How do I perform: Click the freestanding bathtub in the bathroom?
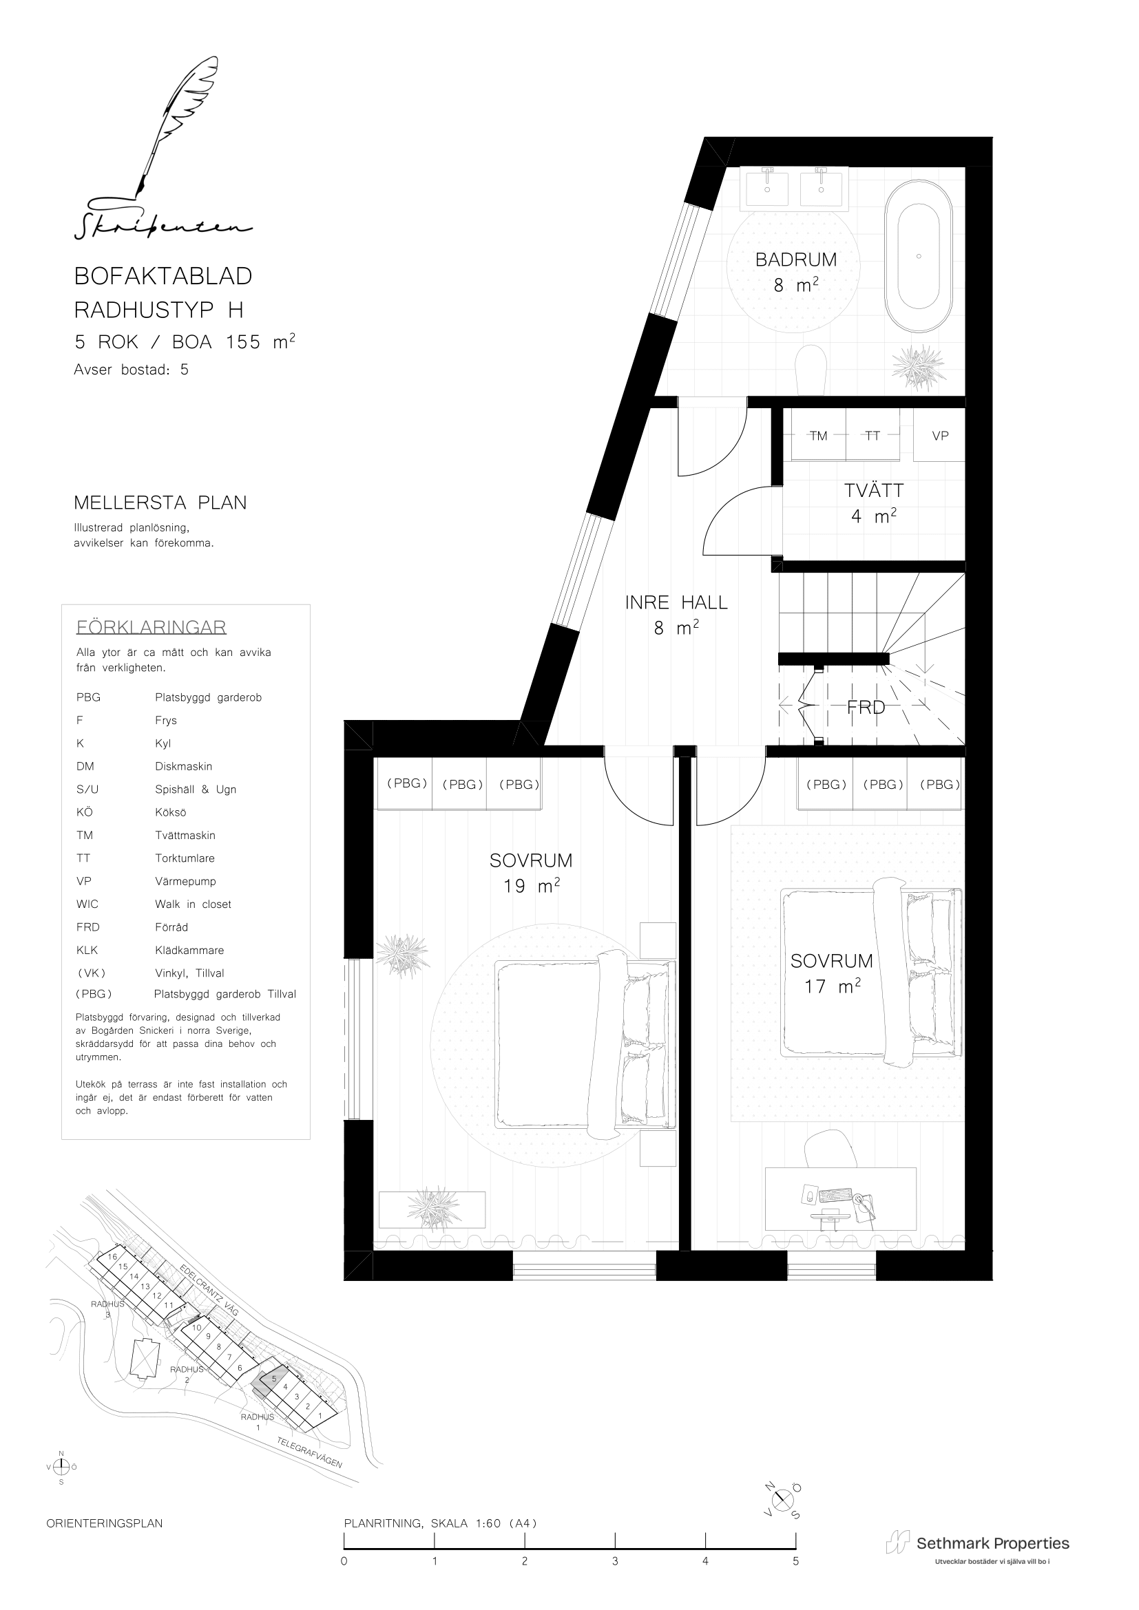pos(918,256)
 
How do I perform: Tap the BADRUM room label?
pos(796,259)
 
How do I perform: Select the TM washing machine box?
pos(819,435)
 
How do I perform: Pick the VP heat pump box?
pos(940,435)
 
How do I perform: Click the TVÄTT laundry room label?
pos(874,490)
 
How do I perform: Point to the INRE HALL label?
pos(676,602)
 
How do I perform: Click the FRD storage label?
pos(866,708)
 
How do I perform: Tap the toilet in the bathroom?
pos(812,370)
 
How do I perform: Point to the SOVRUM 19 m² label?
pos(531,872)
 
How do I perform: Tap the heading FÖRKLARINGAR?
pos(151,627)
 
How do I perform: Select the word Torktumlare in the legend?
pos(185,858)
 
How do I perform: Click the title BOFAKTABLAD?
pos(163,276)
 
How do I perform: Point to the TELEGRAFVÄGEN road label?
pos(309,1452)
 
